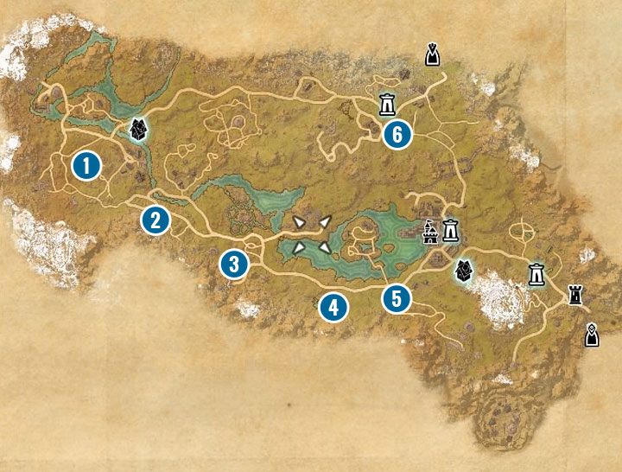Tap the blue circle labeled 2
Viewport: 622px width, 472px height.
coord(155,220)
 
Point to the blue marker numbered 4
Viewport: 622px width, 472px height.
coord(332,306)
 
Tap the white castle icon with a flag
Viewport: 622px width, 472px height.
coord(430,232)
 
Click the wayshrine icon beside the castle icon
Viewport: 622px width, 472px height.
coord(450,232)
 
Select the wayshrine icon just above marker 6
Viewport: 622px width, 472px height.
coord(388,104)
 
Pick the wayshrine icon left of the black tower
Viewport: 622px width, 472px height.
coord(536,274)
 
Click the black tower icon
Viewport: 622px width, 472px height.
coord(574,294)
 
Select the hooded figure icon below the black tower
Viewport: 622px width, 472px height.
coord(592,334)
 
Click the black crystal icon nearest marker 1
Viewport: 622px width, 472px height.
coord(136,130)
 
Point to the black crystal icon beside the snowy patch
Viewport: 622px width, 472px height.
coord(464,271)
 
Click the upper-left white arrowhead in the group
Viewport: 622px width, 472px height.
coord(299,223)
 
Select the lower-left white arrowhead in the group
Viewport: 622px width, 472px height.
coord(299,248)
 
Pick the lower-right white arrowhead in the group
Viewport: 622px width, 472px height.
coord(324,248)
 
